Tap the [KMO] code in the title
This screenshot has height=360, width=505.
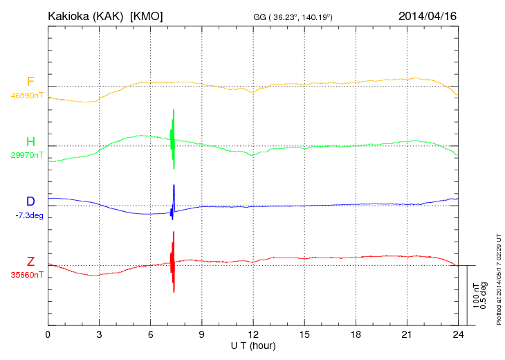tap(147, 15)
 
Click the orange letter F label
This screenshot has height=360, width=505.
tap(30, 82)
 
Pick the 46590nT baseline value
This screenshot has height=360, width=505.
tap(26, 96)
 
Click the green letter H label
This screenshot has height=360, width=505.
tap(30, 142)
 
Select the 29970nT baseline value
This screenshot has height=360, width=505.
tap(26, 155)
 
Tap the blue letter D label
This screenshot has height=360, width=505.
tap(30, 201)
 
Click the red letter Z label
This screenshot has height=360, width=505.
tap(30, 262)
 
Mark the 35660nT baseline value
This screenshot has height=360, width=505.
tap(26, 275)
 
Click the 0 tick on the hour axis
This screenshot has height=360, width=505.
tap(48, 334)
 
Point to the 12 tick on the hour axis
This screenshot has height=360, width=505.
tap(253, 334)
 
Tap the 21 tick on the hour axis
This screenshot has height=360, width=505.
tap(407, 334)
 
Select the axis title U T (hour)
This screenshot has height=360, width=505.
tap(253, 345)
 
